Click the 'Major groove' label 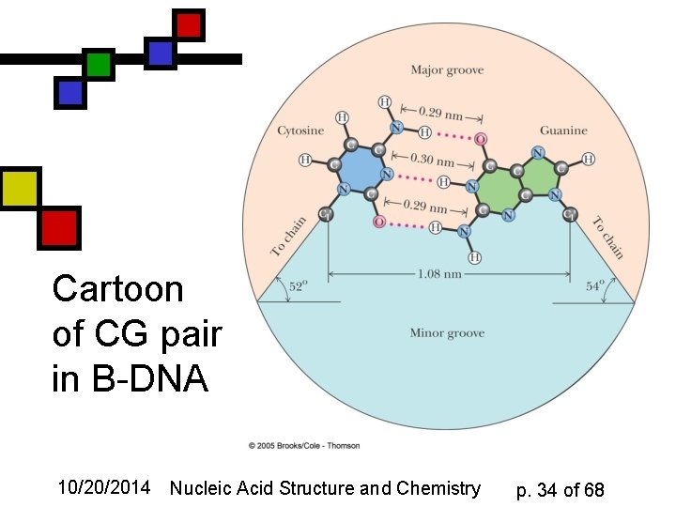coord(446,69)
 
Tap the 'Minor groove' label coord(446,333)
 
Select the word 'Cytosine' coord(300,131)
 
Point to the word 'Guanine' coord(563,131)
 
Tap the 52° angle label coord(297,287)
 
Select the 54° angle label coord(595,287)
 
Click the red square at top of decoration coord(189,24)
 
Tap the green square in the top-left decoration coord(98,64)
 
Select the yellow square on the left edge coord(20,188)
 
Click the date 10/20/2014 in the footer coord(103,488)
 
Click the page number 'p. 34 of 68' coord(561,489)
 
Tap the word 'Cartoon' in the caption coord(118,288)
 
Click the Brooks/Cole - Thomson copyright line coord(303,445)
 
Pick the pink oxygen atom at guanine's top coord(481,139)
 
